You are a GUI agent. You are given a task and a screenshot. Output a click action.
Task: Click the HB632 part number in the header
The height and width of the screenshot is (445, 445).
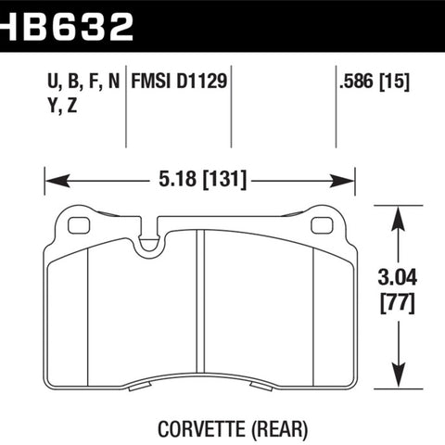[67, 27]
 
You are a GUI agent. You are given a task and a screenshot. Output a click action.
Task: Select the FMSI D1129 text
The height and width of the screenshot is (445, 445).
[179, 82]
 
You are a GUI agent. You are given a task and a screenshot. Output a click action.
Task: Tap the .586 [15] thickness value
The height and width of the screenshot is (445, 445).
[375, 82]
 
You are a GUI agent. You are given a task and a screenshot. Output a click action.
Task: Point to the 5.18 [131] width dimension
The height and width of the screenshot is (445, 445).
[203, 179]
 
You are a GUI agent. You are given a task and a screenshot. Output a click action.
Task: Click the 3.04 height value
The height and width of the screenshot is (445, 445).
[398, 277]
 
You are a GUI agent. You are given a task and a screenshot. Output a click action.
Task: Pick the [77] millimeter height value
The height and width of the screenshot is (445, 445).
[398, 304]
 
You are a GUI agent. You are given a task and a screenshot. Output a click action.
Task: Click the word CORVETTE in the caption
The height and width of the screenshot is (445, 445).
[202, 429]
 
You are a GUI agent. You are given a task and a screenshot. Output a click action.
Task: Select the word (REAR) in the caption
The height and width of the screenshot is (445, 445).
[280, 429]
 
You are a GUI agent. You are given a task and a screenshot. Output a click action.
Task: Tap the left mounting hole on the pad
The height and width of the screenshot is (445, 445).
[79, 225]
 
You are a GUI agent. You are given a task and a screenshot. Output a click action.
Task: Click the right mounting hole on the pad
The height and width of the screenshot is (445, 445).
[322, 225]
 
